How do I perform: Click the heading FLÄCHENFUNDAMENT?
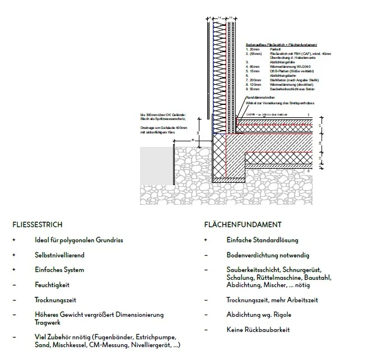[x=243, y=224]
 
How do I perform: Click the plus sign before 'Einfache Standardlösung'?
[x=206, y=240]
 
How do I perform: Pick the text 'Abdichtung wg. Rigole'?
[x=259, y=315]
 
